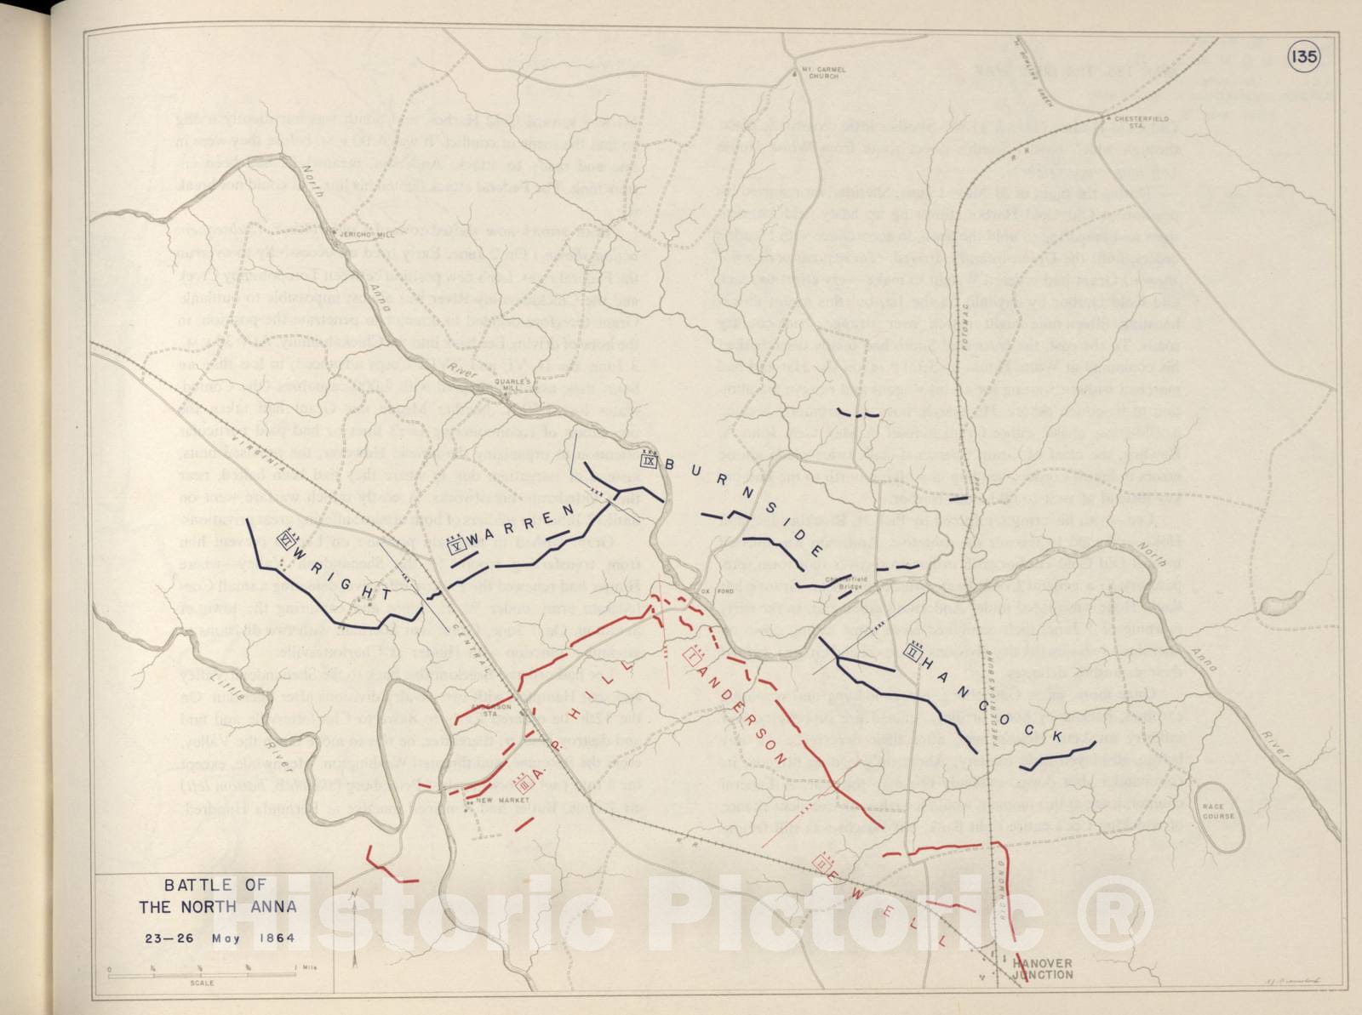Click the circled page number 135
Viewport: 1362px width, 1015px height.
click(x=1303, y=56)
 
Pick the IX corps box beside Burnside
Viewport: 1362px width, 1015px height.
click(x=649, y=461)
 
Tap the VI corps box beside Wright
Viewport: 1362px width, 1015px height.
click(x=286, y=539)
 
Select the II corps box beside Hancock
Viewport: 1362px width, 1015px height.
click(x=913, y=653)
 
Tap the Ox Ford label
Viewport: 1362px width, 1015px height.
click(x=712, y=591)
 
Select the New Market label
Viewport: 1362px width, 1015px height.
click(x=496, y=801)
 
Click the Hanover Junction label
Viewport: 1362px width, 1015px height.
click(x=1043, y=968)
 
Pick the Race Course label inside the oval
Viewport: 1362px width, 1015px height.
click(x=1218, y=811)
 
